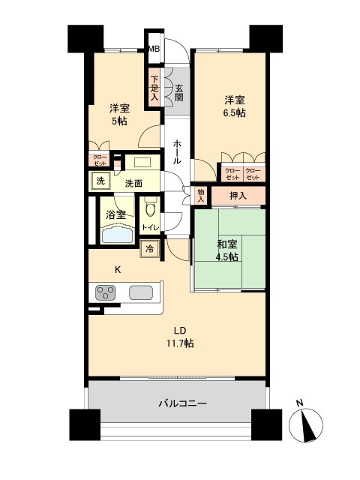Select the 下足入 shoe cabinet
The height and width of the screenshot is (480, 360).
154,87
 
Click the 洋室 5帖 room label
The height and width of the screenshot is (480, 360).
120,114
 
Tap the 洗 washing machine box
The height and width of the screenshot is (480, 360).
100,181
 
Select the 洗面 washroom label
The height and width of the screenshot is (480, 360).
134,183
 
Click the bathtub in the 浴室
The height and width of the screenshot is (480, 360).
116,235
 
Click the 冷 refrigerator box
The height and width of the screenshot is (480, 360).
150,249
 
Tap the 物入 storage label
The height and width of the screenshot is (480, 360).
200,195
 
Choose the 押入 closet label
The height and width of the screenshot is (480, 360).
238,195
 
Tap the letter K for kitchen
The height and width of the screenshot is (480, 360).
118,270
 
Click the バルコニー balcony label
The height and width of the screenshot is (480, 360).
182,403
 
